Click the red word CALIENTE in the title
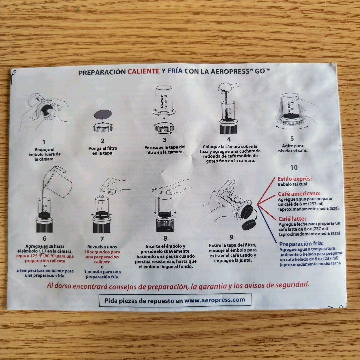143,71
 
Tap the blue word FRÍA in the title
175,71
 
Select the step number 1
44,142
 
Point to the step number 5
292,138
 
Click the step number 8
165,239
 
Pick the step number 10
294,168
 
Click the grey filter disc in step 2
103,114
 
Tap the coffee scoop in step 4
228,88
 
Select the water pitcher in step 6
57,181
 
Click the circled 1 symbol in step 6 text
42,251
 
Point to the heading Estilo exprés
295,179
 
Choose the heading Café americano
299,194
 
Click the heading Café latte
292,219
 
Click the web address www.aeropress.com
215,300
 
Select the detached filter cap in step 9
249,225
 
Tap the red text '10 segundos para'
102,252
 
